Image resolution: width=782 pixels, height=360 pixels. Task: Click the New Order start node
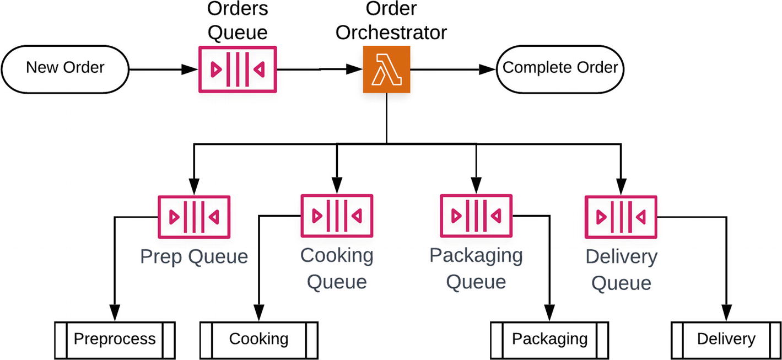point(65,68)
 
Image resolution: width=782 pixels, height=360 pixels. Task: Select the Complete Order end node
point(560,68)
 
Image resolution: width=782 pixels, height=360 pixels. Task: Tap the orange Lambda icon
point(386,69)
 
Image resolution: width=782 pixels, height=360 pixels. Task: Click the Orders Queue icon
point(237,69)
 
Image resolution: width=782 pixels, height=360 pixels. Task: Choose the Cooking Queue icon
point(336,216)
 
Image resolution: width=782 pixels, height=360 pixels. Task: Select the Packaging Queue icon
point(476,216)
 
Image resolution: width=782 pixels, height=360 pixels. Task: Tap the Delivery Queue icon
point(620,217)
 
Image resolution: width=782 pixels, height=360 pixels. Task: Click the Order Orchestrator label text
point(391,21)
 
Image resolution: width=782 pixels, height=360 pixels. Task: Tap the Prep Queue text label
point(193,256)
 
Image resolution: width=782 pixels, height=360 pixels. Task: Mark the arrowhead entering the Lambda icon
point(355,69)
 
